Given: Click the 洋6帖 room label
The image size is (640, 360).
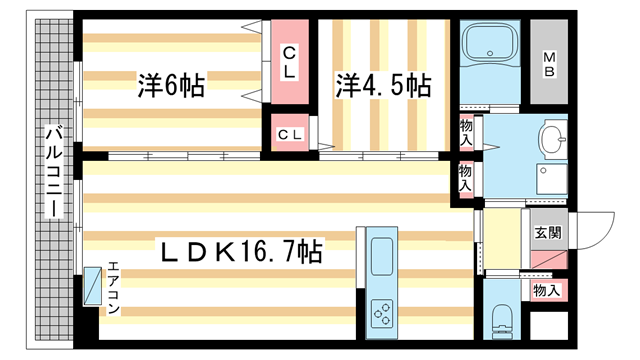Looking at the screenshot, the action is (171, 86).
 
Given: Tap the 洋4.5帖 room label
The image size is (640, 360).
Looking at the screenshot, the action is (383, 86).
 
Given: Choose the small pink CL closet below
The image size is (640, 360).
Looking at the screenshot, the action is (291, 133).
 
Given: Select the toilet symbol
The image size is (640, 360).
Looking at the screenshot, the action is (502, 322).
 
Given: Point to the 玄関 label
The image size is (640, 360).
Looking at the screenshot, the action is (546, 233).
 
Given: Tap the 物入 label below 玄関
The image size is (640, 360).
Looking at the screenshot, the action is (546, 290).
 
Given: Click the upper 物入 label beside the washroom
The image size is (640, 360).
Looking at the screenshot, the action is (466, 130).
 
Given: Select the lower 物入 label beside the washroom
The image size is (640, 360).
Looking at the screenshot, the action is (466, 179).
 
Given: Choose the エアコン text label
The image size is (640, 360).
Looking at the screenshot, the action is (113, 288).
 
